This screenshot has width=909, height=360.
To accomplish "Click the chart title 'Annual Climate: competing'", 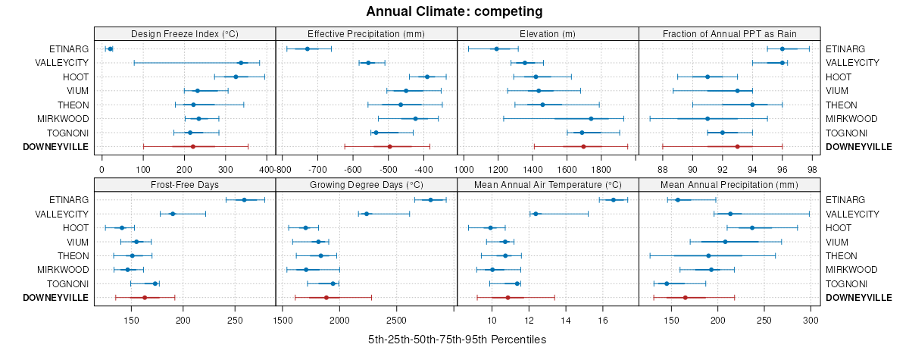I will (x=454, y=11).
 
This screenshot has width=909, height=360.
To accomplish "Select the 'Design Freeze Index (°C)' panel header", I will (x=185, y=33).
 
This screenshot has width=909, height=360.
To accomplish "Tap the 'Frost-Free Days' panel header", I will (x=185, y=184).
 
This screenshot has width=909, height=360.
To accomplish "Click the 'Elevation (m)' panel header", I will (x=548, y=33).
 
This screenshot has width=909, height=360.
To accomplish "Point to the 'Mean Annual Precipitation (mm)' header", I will (x=729, y=184).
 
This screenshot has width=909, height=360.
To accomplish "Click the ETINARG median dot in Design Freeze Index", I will (x=110, y=49).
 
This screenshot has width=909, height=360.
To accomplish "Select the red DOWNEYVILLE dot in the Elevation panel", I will (x=583, y=146).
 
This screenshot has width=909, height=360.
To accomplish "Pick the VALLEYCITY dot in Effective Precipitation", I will (x=369, y=63).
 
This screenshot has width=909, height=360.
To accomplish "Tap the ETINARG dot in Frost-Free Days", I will (x=244, y=199).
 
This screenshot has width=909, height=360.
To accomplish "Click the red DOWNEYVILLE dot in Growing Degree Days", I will (x=326, y=298).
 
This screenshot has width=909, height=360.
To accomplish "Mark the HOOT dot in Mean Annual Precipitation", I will (x=752, y=227).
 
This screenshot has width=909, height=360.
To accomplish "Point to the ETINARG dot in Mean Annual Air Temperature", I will (x=613, y=199).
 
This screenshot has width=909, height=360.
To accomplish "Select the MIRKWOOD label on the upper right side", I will (x=851, y=119).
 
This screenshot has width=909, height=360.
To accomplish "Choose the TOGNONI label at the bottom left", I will (x=67, y=283).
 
